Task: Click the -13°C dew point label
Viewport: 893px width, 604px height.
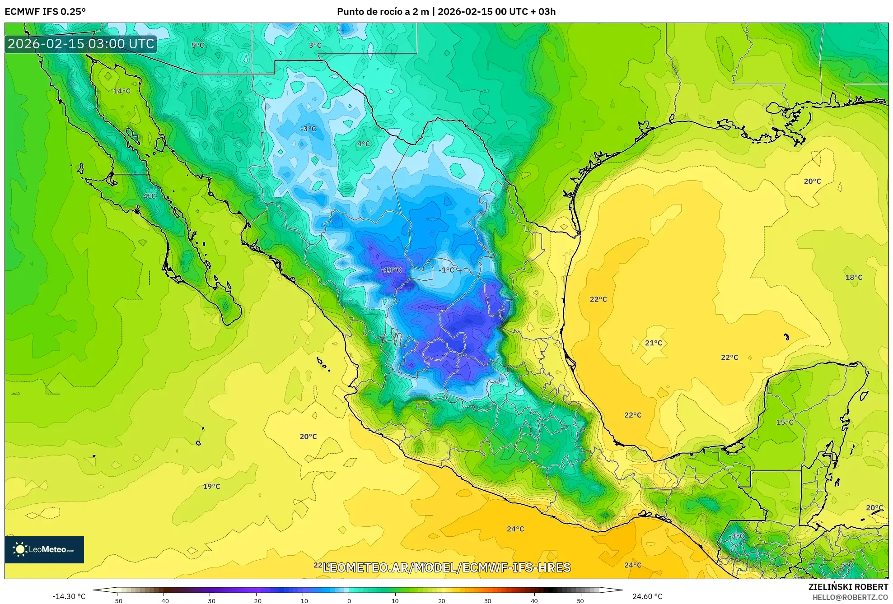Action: tap(391, 270)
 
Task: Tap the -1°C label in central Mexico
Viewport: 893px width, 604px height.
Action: tap(447, 270)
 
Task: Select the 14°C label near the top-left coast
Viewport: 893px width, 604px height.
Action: tap(122, 91)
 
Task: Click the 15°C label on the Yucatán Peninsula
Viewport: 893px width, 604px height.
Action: tap(785, 422)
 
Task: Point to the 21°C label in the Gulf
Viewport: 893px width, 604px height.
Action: tap(653, 343)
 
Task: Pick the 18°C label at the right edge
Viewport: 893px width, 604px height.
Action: tap(854, 277)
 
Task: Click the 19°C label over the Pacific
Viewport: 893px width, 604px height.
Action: tap(211, 486)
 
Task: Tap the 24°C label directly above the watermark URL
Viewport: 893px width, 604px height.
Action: tap(515, 529)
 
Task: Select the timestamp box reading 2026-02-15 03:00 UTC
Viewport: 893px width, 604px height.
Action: tap(81, 44)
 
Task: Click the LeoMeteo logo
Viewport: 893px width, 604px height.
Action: tap(44, 549)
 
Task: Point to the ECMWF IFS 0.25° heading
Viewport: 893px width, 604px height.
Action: tap(45, 12)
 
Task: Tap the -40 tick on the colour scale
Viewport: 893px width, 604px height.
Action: tap(164, 600)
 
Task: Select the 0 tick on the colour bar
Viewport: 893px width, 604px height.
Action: tap(349, 600)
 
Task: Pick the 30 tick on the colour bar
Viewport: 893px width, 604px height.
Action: tap(488, 600)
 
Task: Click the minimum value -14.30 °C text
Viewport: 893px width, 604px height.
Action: tap(69, 596)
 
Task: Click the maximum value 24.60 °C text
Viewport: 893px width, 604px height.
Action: tap(647, 596)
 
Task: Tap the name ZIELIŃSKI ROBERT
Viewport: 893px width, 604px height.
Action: tap(848, 587)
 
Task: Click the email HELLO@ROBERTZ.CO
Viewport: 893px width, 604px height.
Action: tap(850, 597)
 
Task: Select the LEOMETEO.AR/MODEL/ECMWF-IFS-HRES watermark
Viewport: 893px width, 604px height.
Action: tap(446, 567)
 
